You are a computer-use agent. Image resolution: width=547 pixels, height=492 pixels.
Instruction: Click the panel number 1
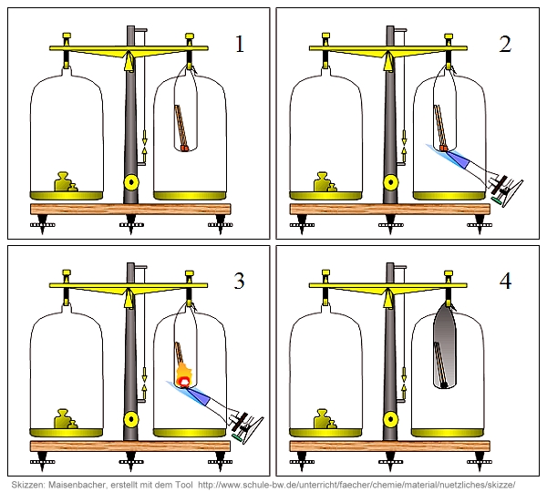(x=240, y=43)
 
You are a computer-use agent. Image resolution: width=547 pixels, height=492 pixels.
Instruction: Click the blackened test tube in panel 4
(x=442, y=346)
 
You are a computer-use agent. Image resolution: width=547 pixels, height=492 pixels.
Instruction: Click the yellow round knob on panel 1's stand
(x=131, y=181)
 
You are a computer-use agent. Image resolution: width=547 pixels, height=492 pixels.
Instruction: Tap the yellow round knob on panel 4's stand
(x=391, y=418)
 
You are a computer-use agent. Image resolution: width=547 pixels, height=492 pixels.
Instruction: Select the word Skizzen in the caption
(x=30, y=483)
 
